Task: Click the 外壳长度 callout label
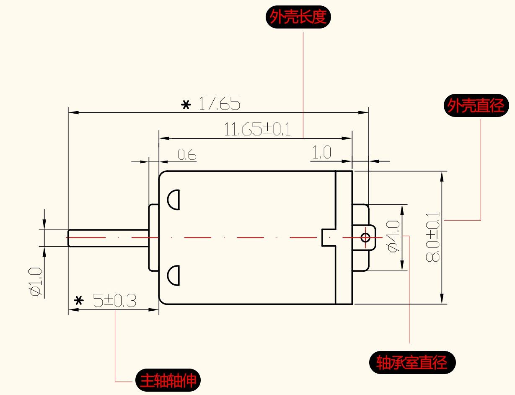tap(298, 17)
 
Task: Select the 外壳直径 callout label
tap(476, 105)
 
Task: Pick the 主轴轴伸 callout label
tap(168, 381)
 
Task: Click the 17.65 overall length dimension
tap(219, 104)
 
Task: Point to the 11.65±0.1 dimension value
tap(257, 130)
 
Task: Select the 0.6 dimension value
tap(187, 155)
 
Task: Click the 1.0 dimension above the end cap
tap(321, 153)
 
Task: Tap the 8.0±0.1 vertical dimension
tap(433, 237)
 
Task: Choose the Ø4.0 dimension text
tap(393, 237)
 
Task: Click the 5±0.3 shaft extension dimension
tap(114, 301)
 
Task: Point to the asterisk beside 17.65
tap(186, 105)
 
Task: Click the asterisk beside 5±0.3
tap(78, 301)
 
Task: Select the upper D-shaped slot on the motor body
tap(173, 200)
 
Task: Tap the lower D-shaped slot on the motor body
tap(173, 275)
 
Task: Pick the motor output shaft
tap(109, 238)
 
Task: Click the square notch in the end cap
tap(329, 237)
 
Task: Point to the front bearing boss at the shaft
tap(154, 237)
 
